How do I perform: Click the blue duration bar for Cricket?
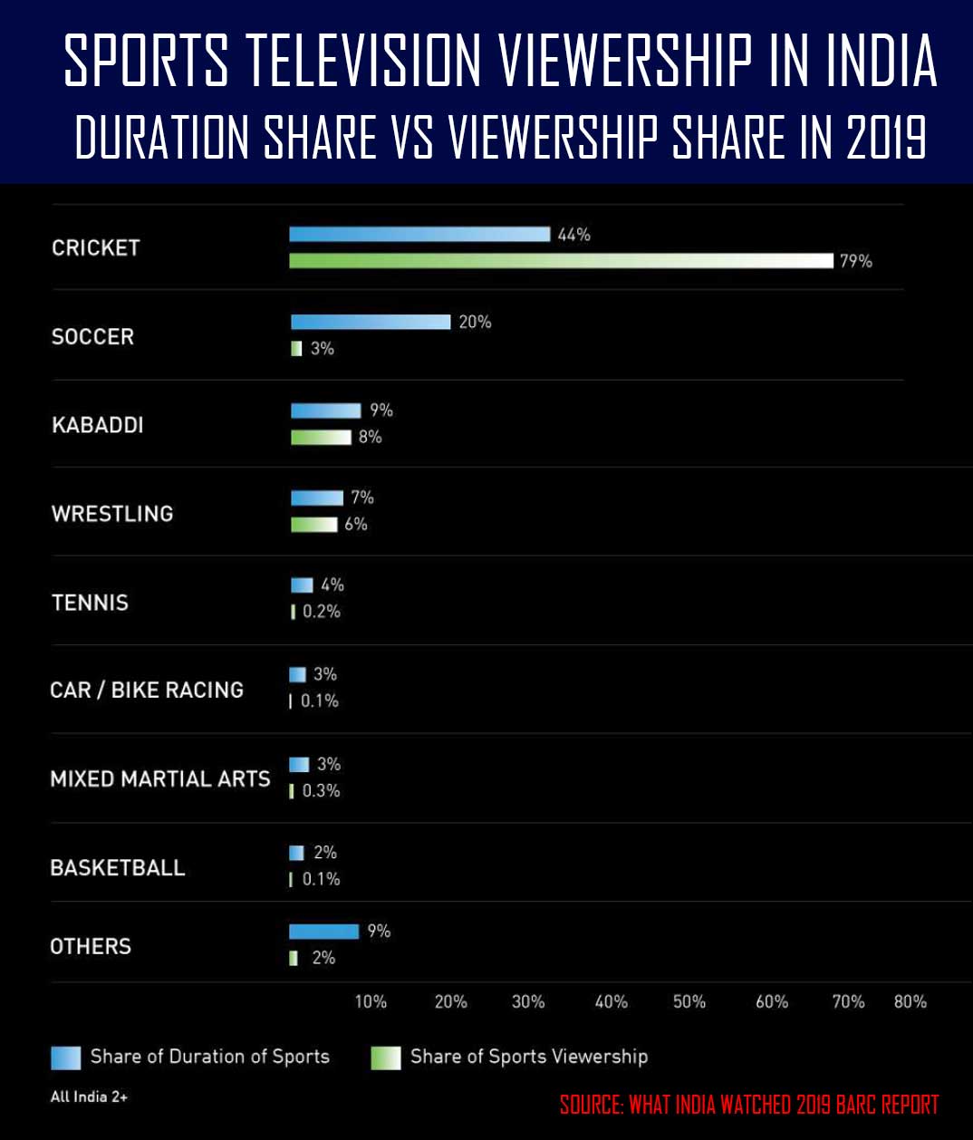pyautogui.click(x=419, y=234)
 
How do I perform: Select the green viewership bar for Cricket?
pyautogui.click(x=561, y=261)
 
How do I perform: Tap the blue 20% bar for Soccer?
pyautogui.click(x=371, y=322)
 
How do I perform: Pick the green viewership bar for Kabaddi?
pyautogui.click(x=321, y=438)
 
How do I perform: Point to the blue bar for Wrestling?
pyautogui.click(x=317, y=498)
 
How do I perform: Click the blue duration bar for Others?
pyautogui.click(x=324, y=932)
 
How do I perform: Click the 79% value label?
pyautogui.click(x=855, y=261)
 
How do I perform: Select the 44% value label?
pyautogui.click(x=573, y=235)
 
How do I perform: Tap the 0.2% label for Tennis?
pyautogui.click(x=322, y=612)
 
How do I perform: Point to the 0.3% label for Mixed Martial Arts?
pyautogui.click(x=322, y=791)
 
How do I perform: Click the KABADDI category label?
pyautogui.click(x=98, y=425)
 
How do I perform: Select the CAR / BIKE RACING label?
pyautogui.click(x=147, y=691)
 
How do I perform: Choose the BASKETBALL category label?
pyautogui.click(x=118, y=868)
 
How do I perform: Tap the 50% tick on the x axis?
pyautogui.click(x=689, y=1001)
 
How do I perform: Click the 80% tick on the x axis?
pyautogui.click(x=910, y=1001)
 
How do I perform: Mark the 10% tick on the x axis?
pyautogui.click(x=371, y=1001)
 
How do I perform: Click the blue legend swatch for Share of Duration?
pyautogui.click(x=66, y=1058)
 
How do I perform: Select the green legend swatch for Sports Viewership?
pyautogui.click(x=386, y=1058)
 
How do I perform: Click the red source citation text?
pyautogui.click(x=749, y=1105)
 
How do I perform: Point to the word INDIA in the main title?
pyautogui.click(x=881, y=62)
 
